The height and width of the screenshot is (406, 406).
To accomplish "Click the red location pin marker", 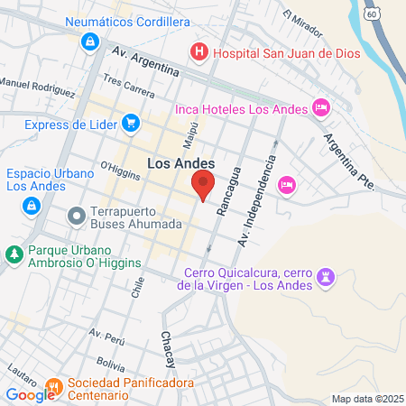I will [x=203, y=186].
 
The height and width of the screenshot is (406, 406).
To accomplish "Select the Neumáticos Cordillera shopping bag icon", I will [x=89, y=42].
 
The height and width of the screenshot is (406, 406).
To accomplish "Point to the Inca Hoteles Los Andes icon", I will [x=321, y=108].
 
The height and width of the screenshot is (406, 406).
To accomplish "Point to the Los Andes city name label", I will [x=181, y=163].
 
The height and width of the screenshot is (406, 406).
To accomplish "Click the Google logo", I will [x=30, y=394].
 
